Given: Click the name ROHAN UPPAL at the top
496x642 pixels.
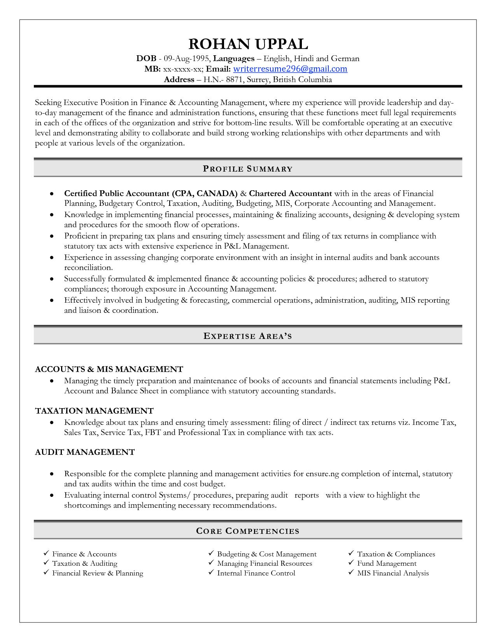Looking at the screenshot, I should pyautogui.click(x=248, y=44).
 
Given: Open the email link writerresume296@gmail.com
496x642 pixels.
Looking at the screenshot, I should pyautogui.click(x=290, y=69).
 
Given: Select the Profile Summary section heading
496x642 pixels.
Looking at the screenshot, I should pyautogui.click(x=248, y=169).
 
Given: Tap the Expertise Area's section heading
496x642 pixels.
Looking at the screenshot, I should pyautogui.click(x=248, y=336).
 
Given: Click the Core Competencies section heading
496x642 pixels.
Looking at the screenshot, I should pyautogui.click(x=248, y=531).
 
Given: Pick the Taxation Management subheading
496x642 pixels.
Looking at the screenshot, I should pyautogui.click(x=94, y=411).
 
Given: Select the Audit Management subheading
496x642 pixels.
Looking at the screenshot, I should pyautogui.click(x=85, y=452).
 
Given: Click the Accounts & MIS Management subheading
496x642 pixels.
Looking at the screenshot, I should pyautogui.click(x=109, y=369).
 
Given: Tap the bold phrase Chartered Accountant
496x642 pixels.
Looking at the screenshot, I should pyautogui.click(x=290, y=193).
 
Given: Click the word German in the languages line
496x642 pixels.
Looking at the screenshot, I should pyautogui.click(x=345, y=59).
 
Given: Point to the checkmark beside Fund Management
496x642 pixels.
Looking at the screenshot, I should pyautogui.click(x=351, y=563).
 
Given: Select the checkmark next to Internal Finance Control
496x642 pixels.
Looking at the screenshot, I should pyautogui.click(x=211, y=573).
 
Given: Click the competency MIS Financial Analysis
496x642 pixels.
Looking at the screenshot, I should pyautogui.click(x=393, y=573).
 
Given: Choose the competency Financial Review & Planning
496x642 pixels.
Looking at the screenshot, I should pyautogui.click(x=98, y=573).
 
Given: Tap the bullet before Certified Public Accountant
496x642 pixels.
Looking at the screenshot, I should pyautogui.click(x=51, y=194).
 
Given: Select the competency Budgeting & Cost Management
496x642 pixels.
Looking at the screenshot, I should pyautogui.click(x=266, y=554).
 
